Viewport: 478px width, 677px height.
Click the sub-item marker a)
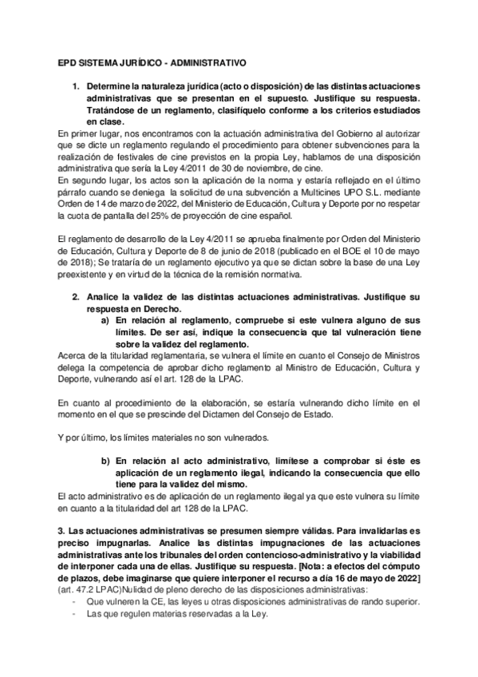tap(105, 320)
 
